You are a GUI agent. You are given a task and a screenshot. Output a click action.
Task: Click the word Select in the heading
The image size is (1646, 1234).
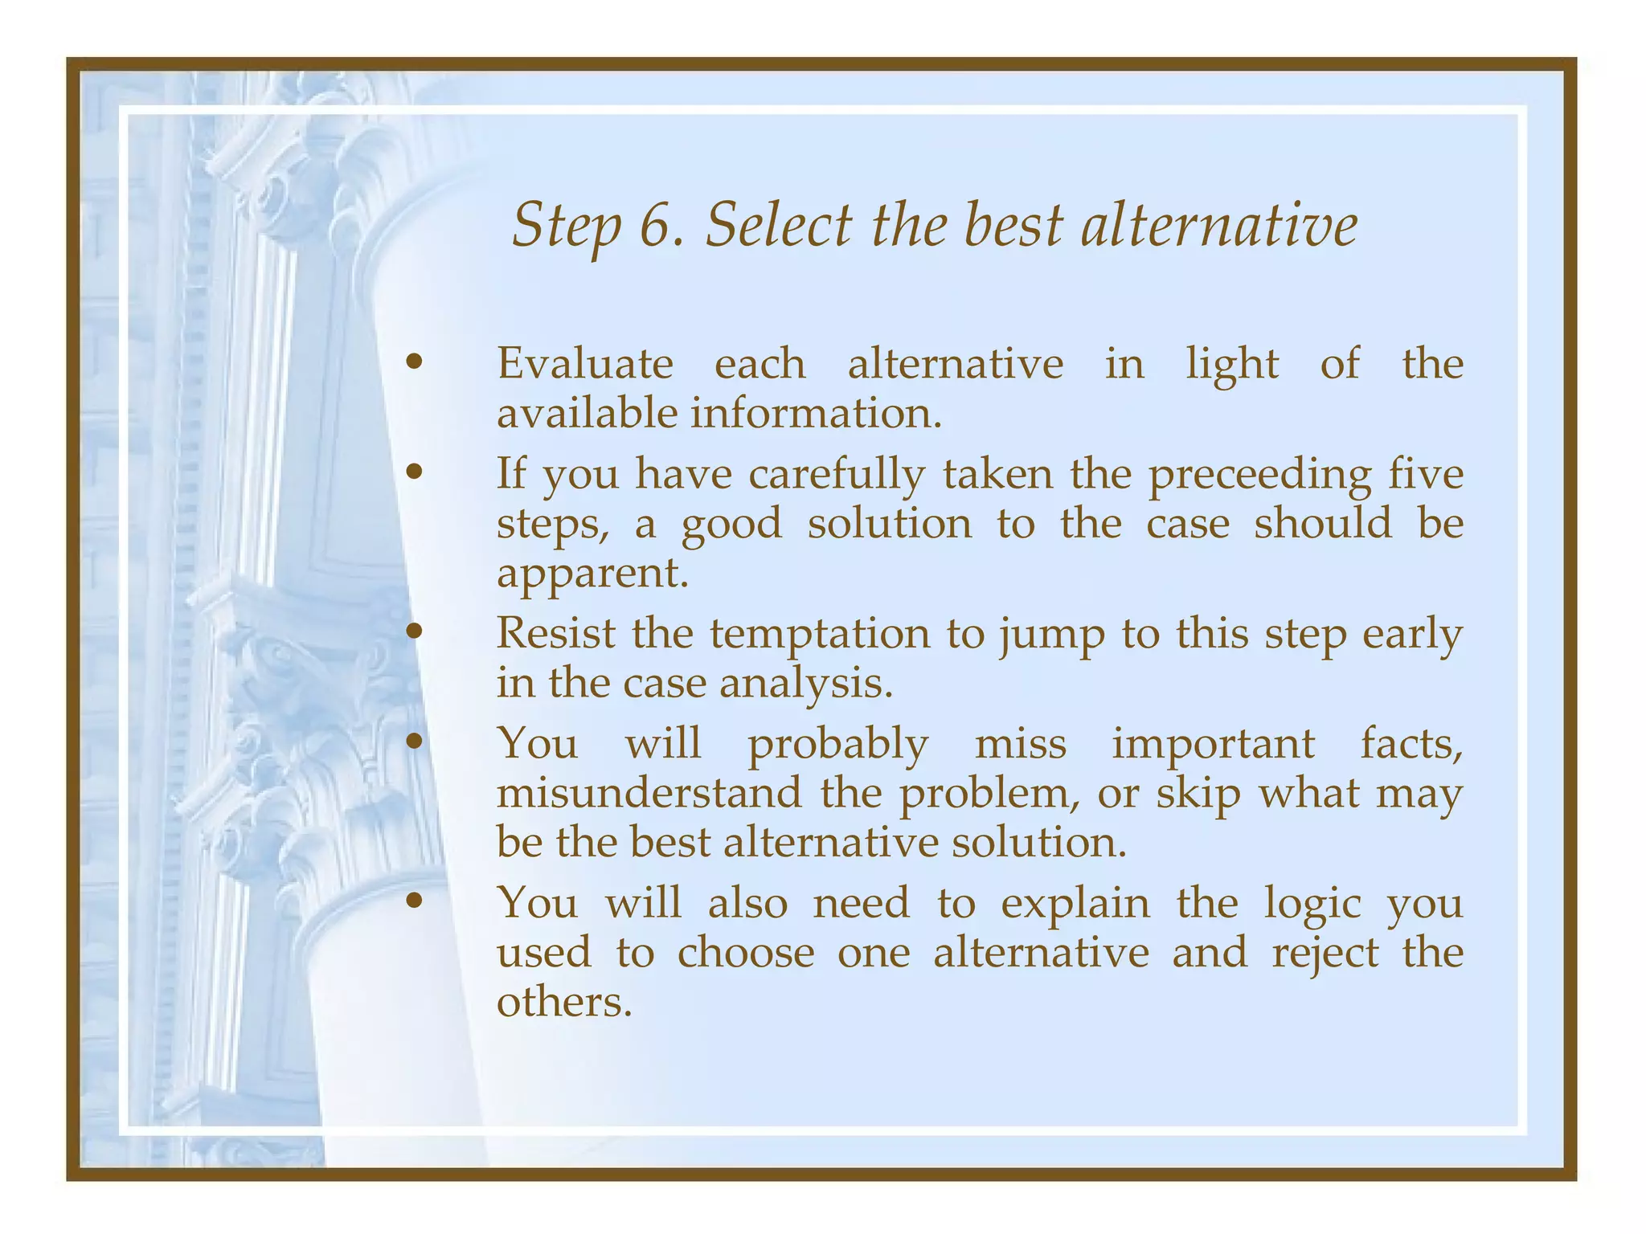pyautogui.click(x=777, y=226)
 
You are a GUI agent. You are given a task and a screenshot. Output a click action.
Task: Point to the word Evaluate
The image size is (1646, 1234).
pyautogui.click(x=584, y=364)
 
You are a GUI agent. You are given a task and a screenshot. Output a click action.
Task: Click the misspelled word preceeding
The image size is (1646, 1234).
pyautogui.click(x=1259, y=475)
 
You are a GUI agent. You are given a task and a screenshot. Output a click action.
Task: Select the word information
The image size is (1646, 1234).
pyautogui.click(x=815, y=414)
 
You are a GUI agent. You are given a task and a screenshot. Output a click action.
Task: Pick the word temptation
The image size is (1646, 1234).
pyautogui.click(x=819, y=635)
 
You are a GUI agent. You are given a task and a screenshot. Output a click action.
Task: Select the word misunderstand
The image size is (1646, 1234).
pyautogui.click(x=649, y=793)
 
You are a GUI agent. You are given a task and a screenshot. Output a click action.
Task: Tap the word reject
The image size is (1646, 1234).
pyautogui.click(x=1325, y=954)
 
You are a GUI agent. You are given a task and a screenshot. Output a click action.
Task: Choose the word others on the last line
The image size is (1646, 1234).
pyautogui.click(x=564, y=1003)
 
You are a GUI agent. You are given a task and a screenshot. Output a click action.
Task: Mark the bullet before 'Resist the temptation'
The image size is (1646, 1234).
pyautogui.click(x=414, y=632)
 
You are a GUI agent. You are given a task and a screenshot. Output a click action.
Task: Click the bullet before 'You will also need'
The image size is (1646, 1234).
pyautogui.click(x=414, y=902)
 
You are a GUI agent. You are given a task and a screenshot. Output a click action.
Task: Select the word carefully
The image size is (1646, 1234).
pyautogui.click(x=836, y=475)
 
